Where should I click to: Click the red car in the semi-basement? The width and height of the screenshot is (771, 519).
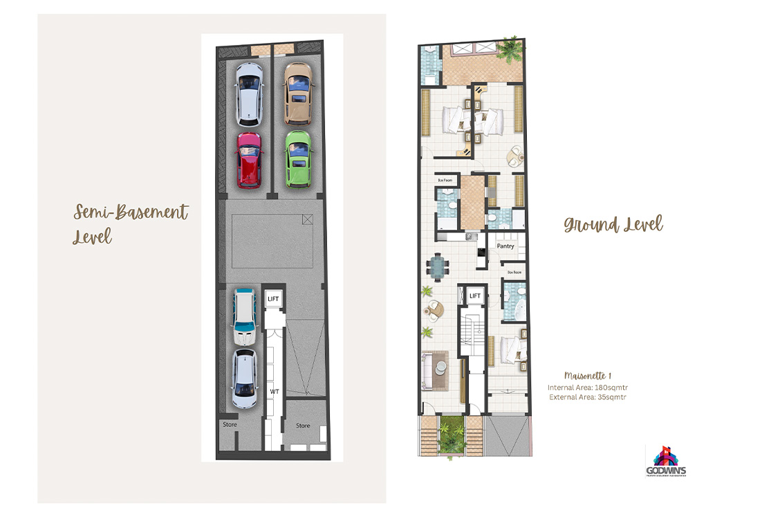(249, 160)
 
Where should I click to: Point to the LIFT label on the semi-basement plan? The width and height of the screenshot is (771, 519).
(273, 299)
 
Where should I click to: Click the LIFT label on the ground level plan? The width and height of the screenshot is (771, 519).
(475, 296)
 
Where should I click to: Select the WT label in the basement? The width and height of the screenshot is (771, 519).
(274, 391)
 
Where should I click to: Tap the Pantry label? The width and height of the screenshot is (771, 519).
(505, 246)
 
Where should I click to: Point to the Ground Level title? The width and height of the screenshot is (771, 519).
(613, 225)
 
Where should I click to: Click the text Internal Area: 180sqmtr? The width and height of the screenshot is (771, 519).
(587, 387)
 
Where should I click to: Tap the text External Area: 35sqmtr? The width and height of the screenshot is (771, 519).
(587, 397)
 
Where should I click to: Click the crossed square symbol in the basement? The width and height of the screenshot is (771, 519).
(307, 219)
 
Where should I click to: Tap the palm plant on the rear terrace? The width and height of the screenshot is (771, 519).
(510, 49)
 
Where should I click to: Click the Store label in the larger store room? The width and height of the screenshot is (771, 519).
(303, 426)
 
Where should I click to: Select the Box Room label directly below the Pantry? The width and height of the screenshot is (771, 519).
(513, 273)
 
